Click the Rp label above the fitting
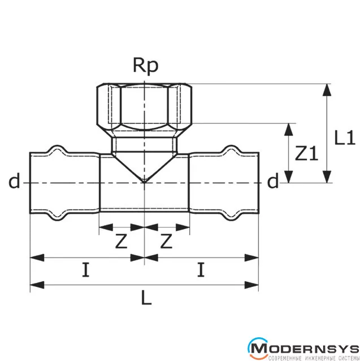145,66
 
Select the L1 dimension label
344,137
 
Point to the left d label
14,182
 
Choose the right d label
273,182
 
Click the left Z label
121,242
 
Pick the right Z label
166,242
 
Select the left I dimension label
85,270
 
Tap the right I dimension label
201,270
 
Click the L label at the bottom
146,299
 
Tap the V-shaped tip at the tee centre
145,180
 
